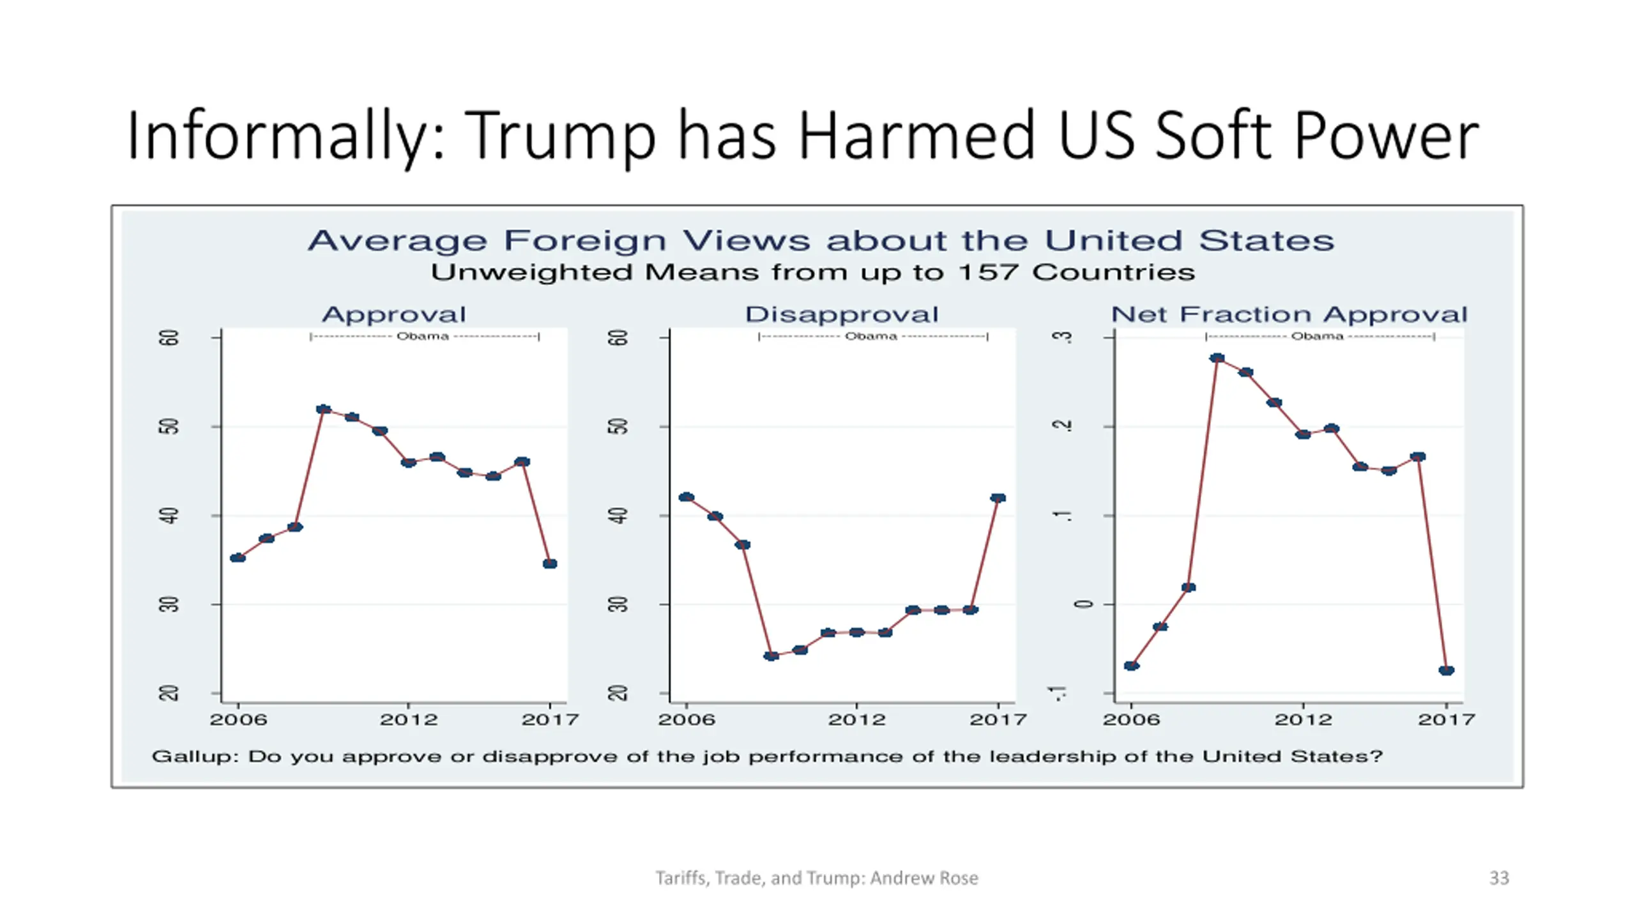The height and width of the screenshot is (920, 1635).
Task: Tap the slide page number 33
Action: coord(1498,878)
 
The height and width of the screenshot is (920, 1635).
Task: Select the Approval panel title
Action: coord(394,314)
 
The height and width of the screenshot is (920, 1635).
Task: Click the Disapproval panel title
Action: coord(842,314)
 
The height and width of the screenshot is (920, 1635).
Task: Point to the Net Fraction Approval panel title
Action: coord(1289,314)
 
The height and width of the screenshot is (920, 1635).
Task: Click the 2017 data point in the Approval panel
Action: coord(550,563)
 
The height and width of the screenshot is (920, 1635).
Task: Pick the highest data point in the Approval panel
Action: coord(324,410)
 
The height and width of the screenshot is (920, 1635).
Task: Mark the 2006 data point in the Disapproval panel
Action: coord(687,497)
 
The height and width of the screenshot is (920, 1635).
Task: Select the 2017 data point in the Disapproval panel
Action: coord(998,498)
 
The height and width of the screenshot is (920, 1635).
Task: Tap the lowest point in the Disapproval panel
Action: coord(772,655)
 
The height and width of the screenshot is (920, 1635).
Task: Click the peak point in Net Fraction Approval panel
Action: coord(1217,358)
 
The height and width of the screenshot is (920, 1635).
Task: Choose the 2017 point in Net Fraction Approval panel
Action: coord(1447,670)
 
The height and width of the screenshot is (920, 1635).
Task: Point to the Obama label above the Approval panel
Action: coord(423,336)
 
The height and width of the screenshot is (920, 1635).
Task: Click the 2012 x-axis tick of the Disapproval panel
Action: coord(856,719)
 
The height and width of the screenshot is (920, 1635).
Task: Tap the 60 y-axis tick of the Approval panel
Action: coord(169,337)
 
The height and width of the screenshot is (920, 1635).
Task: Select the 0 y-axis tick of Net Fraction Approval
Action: coord(1084,604)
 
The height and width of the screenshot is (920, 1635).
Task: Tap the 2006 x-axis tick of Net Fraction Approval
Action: coord(1131,719)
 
